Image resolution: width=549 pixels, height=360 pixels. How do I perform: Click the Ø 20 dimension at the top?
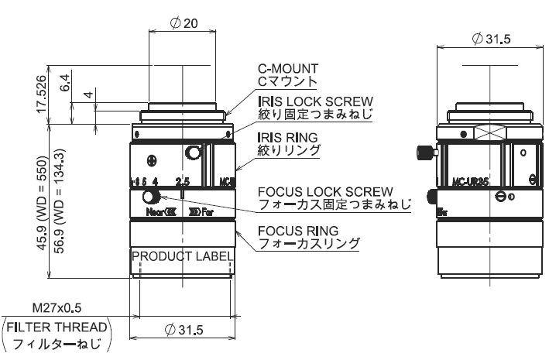(183, 24)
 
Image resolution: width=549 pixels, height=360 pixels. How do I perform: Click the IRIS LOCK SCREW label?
(314, 101)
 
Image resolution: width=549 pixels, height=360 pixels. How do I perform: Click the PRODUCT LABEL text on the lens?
(182, 256)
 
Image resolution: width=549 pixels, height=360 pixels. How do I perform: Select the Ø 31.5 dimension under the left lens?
(183, 330)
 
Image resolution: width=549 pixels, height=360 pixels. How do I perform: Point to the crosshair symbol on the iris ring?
(151, 162)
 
